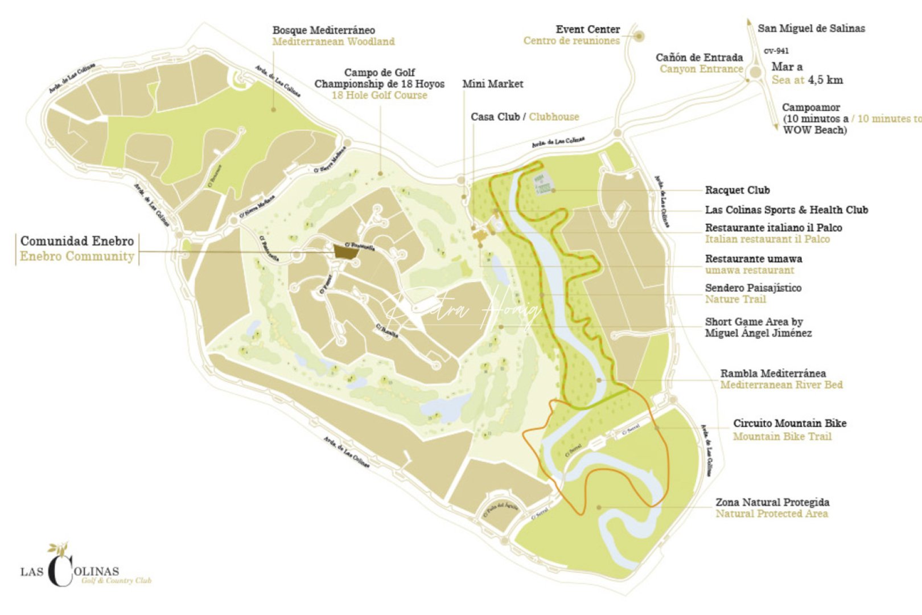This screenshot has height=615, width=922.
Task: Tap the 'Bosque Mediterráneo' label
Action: (323, 30)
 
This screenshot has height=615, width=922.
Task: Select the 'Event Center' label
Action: (587, 29)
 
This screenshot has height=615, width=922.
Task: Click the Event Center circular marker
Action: (640, 36)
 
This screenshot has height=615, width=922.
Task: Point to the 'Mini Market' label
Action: (492, 84)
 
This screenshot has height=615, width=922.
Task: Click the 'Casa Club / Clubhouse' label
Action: (524, 117)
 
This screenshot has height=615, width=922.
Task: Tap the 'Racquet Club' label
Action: (737, 190)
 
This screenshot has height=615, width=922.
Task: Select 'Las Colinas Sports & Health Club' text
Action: (786, 210)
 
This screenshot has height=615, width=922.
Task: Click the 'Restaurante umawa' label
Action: (753, 259)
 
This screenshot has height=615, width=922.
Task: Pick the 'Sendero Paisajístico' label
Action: (752, 288)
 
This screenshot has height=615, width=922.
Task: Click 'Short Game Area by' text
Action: (753, 322)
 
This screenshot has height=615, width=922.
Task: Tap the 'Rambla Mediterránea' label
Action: (772, 374)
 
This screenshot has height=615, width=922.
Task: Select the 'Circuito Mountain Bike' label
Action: (789, 423)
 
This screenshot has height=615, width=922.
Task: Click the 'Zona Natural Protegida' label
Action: (772, 502)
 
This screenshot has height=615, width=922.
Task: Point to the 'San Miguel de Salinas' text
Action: (810, 28)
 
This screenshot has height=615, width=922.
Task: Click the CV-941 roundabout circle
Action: (755, 72)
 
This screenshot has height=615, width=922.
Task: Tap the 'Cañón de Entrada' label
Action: (699, 58)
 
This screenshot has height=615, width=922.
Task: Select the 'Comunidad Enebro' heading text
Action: (77, 241)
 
